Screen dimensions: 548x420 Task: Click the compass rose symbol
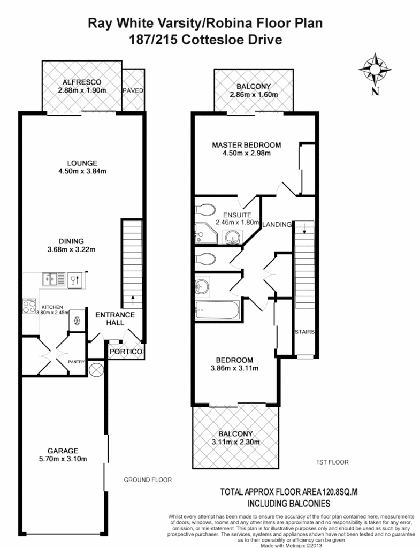point(376,69)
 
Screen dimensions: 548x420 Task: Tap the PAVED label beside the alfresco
point(133,90)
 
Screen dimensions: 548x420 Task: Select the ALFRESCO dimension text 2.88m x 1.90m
point(82,90)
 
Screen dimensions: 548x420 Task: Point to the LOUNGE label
point(82,163)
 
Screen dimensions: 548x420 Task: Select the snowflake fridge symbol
point(77,321)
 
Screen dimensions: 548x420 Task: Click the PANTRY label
point(77,362)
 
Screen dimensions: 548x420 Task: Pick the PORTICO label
point(125,352)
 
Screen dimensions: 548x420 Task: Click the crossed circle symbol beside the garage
point(97,370)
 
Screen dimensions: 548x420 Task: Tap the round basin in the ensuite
point(232,235)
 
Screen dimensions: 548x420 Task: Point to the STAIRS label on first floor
point(304,332)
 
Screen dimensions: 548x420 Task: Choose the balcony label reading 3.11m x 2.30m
point(236,442)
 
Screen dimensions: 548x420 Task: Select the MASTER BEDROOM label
point(246,145)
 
